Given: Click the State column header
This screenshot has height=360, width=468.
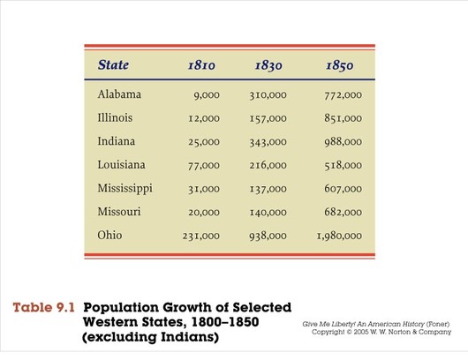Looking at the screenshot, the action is coord(113,64).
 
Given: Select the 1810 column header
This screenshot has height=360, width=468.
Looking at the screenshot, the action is coord(201,65).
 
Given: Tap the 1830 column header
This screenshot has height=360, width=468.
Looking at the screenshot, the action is coord(268,66).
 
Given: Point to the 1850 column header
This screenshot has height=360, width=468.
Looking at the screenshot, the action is coord(340,66).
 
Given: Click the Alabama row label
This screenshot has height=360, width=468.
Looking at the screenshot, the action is coord(119,94).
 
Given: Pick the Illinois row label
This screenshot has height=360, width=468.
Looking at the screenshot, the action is coord(115,117).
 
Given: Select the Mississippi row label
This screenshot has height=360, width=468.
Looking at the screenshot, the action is coord(125,189).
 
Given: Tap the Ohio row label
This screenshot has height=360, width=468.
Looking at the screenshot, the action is coord(109,235).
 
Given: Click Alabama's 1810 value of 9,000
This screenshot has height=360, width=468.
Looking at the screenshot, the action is coord(207,95).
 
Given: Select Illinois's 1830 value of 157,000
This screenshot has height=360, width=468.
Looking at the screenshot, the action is coord(268,118).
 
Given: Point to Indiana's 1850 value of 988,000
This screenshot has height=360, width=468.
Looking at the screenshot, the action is coord(343,142).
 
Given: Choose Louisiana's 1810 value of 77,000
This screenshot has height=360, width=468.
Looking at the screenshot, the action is coord(204,165).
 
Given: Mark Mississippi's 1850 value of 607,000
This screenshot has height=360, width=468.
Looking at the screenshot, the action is coord(343,189).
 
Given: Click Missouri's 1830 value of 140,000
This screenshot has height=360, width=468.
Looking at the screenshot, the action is coord(268,212).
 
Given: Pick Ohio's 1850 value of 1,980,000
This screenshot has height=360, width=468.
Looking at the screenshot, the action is coord(339,236).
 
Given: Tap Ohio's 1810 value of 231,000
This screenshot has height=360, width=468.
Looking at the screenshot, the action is coord(201,236).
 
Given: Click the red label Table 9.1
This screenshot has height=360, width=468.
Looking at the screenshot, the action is coord(43,307).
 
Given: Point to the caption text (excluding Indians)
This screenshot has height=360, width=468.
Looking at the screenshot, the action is coord(150,337).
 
